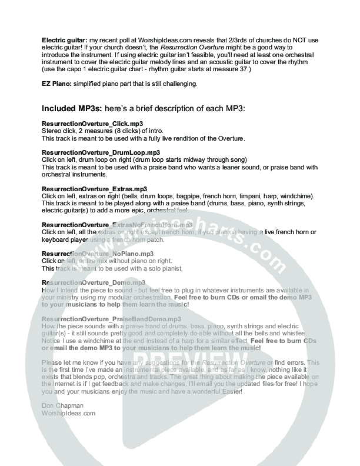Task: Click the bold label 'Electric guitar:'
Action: coord(61,39)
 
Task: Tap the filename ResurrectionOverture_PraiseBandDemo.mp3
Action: coord(112,318)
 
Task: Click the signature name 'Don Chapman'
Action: coord(62,406)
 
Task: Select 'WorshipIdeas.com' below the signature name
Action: coord(68,413)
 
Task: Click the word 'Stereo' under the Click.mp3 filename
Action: coord(51,131)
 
